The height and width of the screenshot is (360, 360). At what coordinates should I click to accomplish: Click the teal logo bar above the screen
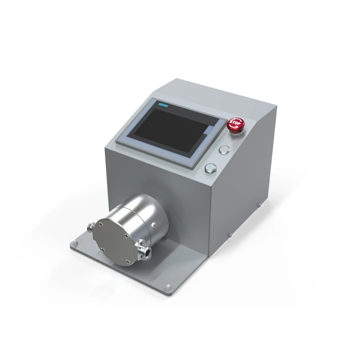coord(164,105)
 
